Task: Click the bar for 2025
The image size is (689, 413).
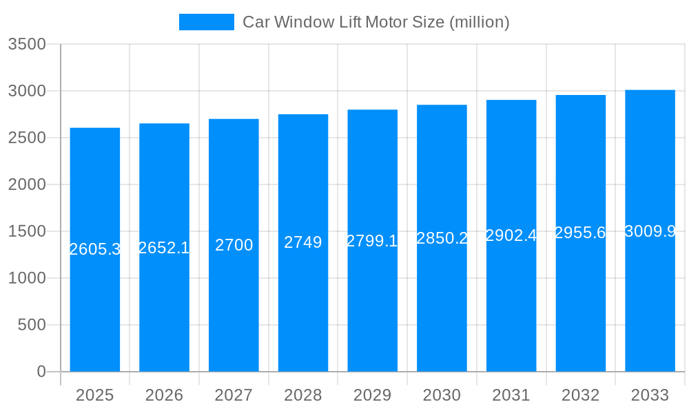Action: [x=95, y=310]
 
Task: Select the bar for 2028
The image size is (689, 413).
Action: [x=303, y=310]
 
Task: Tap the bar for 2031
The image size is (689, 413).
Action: [x=511, y=310]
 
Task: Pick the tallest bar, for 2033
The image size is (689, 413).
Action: [x=650, y=310]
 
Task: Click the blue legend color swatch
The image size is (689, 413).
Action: [x=206, y=22]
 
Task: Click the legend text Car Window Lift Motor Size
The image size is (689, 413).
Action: [x=376, y=22]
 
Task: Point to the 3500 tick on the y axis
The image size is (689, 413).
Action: [x=27, y=44]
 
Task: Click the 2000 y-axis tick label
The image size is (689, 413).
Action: [x=27, y=184]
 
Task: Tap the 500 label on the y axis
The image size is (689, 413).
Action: [x=32, y=325]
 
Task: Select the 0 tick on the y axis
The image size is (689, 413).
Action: [x=41, y=372]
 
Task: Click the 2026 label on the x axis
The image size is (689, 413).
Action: [x=164, y=395]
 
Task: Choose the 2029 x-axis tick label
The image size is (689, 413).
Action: [x=372, y=395]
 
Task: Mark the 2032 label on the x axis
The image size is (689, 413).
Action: [x=580, y=395]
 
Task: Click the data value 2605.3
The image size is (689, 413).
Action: [x=95, y=249]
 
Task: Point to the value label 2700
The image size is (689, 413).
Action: [x=234, y=245]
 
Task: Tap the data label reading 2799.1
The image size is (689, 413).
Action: [x=372, y=241]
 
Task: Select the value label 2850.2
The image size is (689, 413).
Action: [x=442, y=238]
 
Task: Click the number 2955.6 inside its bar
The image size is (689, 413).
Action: [x=580, y=233]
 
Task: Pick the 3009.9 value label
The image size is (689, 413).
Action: [x=650, y=231]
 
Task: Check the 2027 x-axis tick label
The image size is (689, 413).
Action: [x=234, y=395]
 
